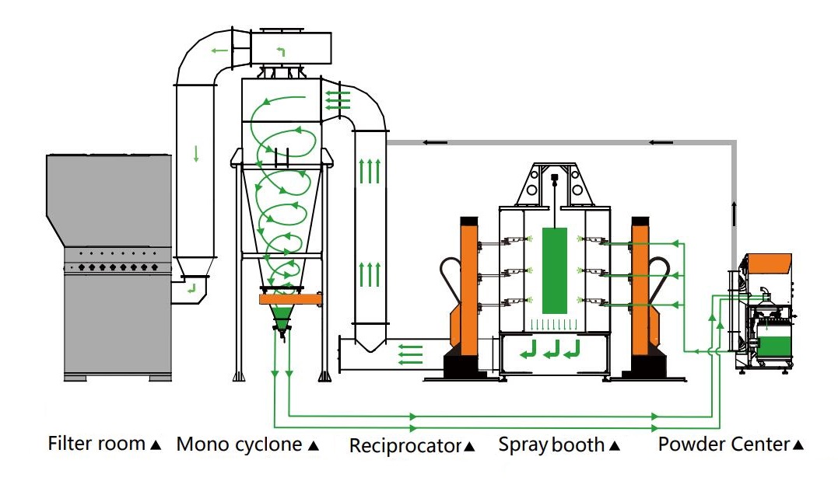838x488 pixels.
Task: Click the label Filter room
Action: [x=96, y=444]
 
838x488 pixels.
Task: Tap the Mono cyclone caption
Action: [x=238, y=444]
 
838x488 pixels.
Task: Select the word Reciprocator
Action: [x=405, y=446]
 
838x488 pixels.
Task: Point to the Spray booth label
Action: [x=551, y=445]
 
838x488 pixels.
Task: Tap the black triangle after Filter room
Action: [x=155, y=445]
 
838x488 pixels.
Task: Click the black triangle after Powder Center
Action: [x=798, y=445]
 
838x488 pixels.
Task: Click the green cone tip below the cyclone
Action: [x=281, y=319]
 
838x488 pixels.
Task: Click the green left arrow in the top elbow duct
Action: [x=219, y=51]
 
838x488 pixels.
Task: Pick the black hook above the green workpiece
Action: [x=554, y=180]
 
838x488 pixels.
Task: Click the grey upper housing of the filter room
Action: [x=109, y=198]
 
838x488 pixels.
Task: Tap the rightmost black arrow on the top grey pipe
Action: [x=661, y=142]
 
